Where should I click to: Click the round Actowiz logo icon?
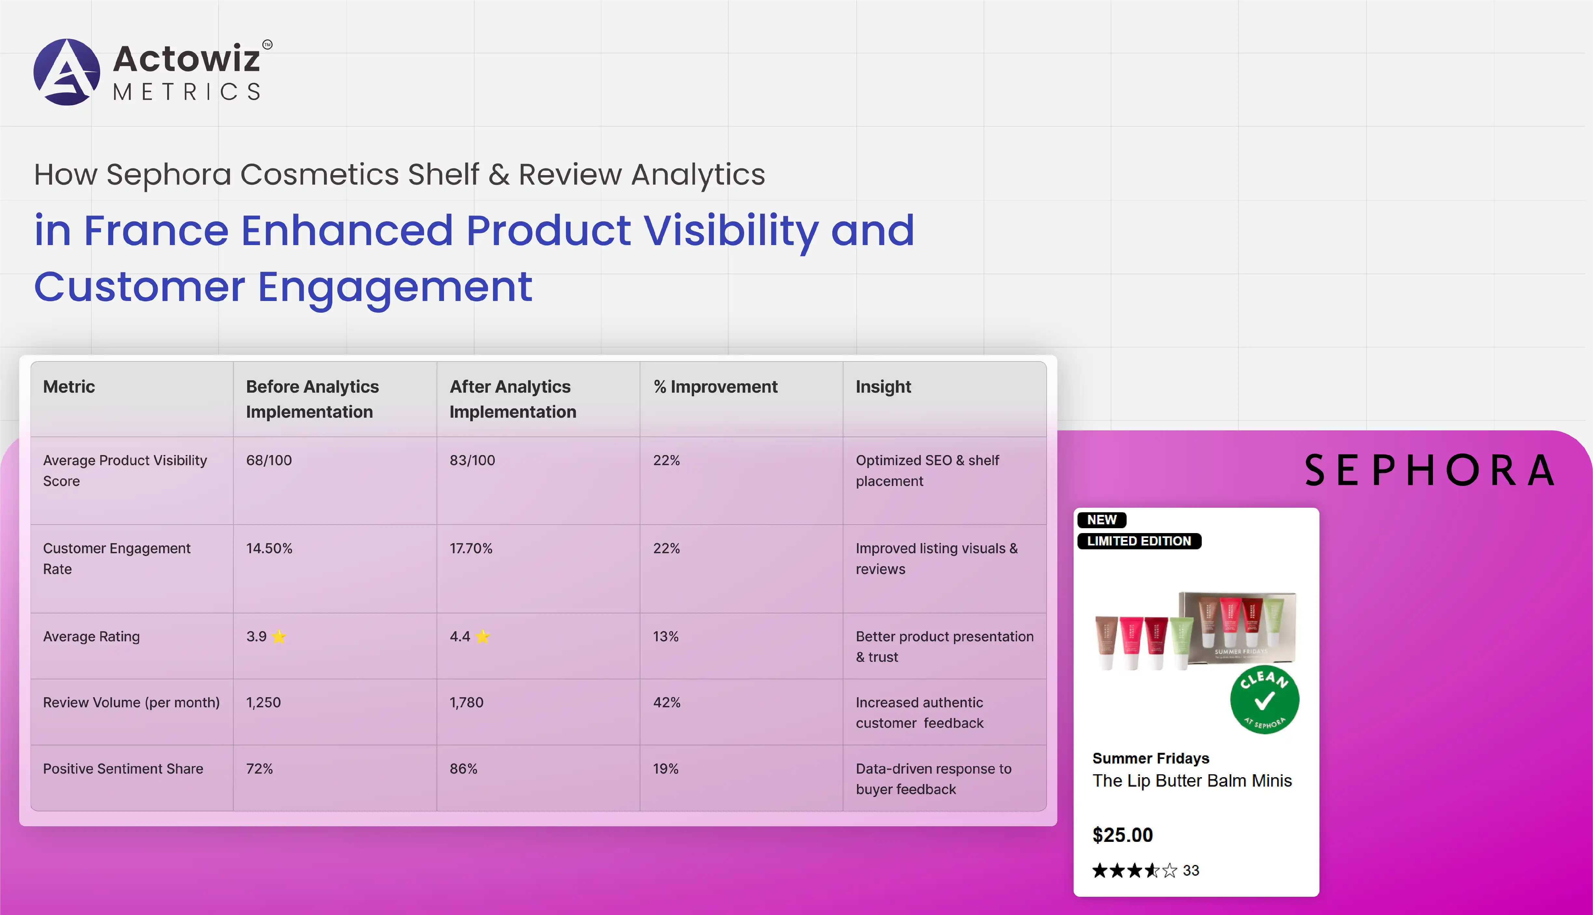pyautogui.click(x=67, y=72)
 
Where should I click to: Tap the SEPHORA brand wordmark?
pyautogui.click(x=1429, y=470)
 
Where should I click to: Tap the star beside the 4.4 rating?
pyautogui.click(x=483, y=637)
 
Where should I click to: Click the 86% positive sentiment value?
pyautogui.click(x=463, y=769)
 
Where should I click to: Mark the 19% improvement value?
pyautogui.click(x=666, y=769)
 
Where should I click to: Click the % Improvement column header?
pyautogui.click(x=716, y=386)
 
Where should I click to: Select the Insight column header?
pyautogui.click(x=883, y=386)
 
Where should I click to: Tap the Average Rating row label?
pyautogui.click(x=91, y=637)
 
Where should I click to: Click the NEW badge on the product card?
pyautogui.click(x=1101, y=520)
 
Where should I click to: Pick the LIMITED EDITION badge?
pyautogui.click(x=1139, y=541)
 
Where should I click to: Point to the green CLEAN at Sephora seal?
pyautogui.click(x=1265, y=699)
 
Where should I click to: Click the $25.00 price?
pyautogui.click(x=1123, y=835)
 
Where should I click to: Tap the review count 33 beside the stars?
pyautogui.click(x=1191, y=870)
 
